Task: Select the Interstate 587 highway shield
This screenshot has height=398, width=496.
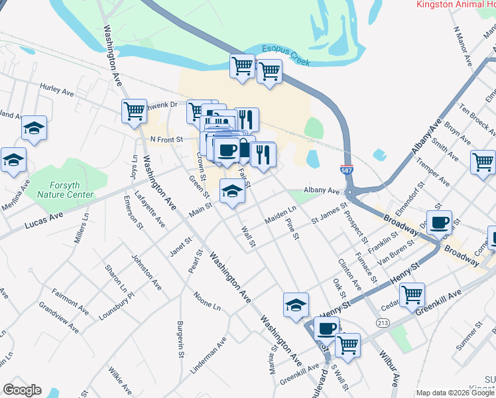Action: click(x=347, y=170)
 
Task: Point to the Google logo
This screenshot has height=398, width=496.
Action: click(x=22, y=390)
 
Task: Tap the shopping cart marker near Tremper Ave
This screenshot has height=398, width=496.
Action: click(x=483, y=161)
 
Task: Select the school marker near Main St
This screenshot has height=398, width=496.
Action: click(x=231, y=191)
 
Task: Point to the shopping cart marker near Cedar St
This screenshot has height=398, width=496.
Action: click(x=412, y=293)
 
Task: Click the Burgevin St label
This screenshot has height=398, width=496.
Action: click(x=180, y=339)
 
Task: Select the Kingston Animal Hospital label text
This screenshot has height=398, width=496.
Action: click(x=456, y=4)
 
